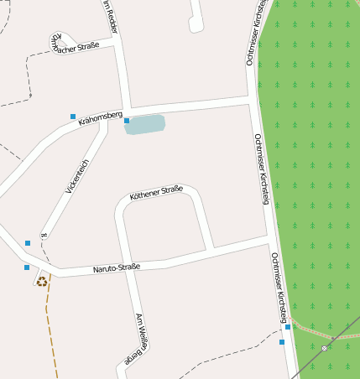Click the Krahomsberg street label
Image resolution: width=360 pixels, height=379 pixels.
click(x=101, y=118)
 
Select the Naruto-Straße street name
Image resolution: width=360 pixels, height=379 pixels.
click(x=116, y=267)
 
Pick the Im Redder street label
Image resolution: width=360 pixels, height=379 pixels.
click(x=110, y=17)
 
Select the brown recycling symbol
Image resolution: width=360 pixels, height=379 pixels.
click(x=41, y=282)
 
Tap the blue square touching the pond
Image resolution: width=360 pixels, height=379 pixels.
click(x=127, y=121)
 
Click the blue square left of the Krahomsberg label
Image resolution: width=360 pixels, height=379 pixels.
click(x=73, y=116)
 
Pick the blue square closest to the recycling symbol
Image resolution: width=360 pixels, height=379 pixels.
click(x=27, y=267)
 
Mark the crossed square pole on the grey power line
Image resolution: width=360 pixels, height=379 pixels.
click(x=324, y=348)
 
